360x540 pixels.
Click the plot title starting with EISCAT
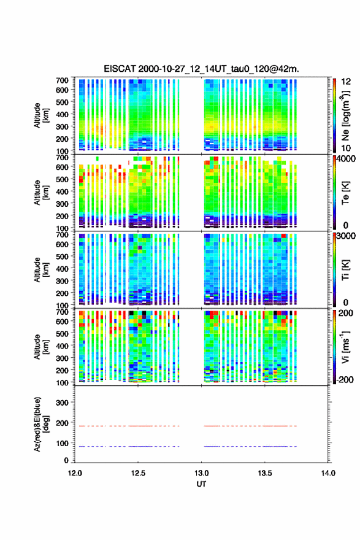(201, 69)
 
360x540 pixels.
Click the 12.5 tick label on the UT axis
(138, 473)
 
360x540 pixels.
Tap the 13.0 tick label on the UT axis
(201, 473)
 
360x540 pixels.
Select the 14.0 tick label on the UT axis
(328, 473)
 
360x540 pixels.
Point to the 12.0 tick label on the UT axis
(75, 473)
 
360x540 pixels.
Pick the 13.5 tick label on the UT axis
(265, 473)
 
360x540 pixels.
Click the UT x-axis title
(201, 484)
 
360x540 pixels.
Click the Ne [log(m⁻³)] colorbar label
(345, 116)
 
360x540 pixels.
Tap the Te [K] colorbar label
(345, 193)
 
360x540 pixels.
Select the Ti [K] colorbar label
(345, 270)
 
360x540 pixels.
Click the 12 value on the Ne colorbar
(346, 82)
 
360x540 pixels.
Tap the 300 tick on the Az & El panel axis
(62, 403)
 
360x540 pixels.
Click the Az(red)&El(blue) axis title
(42, 424)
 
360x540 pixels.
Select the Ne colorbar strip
(334, 115)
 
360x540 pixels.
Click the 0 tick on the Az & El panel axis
(66, 460)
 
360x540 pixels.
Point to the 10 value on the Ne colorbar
(346, 148)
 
